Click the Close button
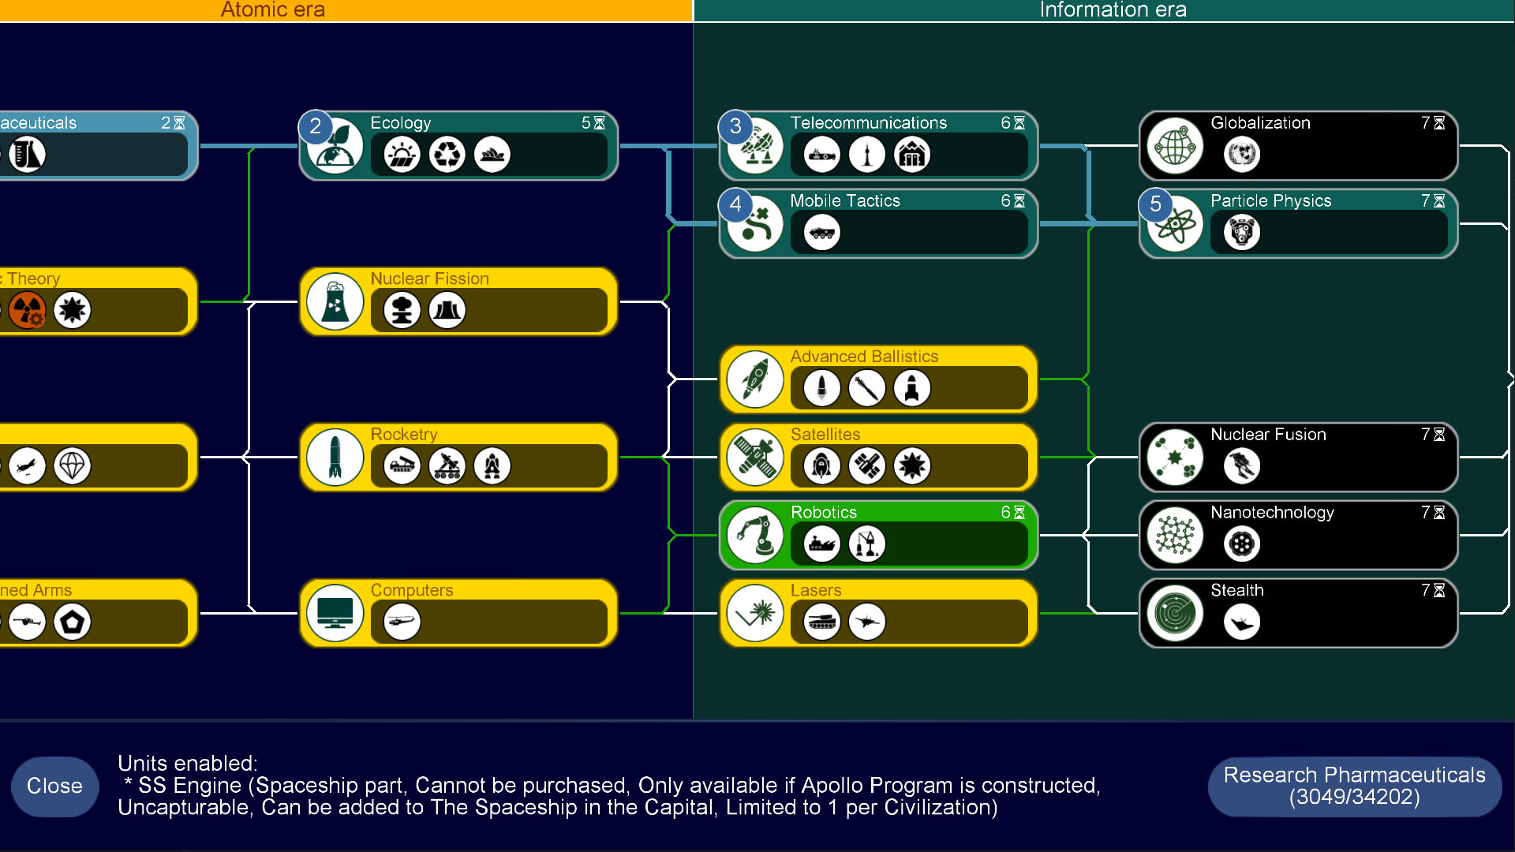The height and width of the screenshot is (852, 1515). point(54,786)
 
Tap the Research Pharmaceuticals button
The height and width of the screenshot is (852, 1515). point(1354,786)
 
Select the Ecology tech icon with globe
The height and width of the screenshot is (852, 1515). point(335,147)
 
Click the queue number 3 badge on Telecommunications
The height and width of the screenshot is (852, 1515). point(735,126)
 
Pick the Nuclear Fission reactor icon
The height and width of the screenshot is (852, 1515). point(335,302)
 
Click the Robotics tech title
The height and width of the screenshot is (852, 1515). point(823,512)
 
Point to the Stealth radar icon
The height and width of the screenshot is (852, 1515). point(1175,614)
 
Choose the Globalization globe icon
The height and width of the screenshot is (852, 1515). point(1175,147)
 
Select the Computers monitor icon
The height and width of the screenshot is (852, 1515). point(335,614)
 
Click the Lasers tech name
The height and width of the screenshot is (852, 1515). point(816,590)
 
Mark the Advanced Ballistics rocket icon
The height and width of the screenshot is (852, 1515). point(755,380)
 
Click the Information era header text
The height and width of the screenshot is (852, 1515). point(1113,10)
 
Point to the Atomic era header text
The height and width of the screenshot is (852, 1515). point(273,10)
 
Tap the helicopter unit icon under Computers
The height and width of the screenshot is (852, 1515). point(402,622)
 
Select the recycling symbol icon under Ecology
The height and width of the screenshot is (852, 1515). point(447,155)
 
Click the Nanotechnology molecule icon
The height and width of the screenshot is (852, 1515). point(1175,536)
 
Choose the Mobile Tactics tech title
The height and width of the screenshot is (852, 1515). point(845,200)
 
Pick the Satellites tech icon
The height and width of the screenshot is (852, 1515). point(755,458)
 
